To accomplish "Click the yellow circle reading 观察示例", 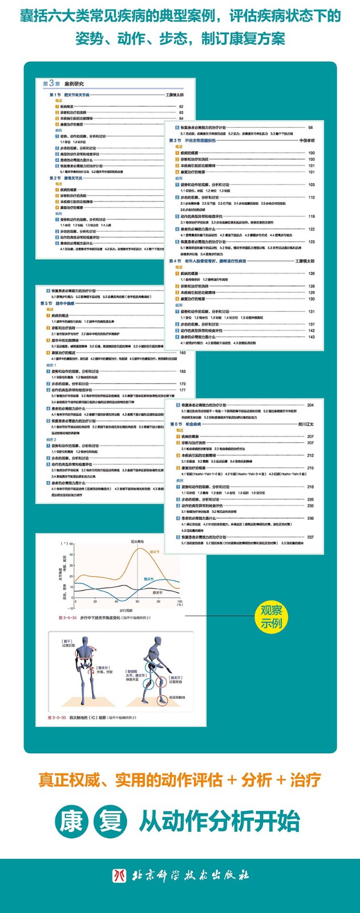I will click(x=272, y=616).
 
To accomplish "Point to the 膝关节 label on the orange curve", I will click(x=153, y=552).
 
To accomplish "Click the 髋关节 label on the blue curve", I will click(x=149, y=579).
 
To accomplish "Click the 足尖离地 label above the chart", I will click(x=137, y=542).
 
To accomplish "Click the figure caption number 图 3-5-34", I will click(x=67, y=618).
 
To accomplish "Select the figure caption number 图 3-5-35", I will click(x=57, y=717).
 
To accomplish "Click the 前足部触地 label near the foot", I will click(x=177, y=697).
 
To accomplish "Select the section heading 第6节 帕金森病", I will click(x=185, y=424).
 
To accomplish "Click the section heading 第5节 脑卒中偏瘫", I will click(x=54, y=304).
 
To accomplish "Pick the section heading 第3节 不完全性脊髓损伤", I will click(x=192, y=140).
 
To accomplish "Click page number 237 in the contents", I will click(x=310, y=537).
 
